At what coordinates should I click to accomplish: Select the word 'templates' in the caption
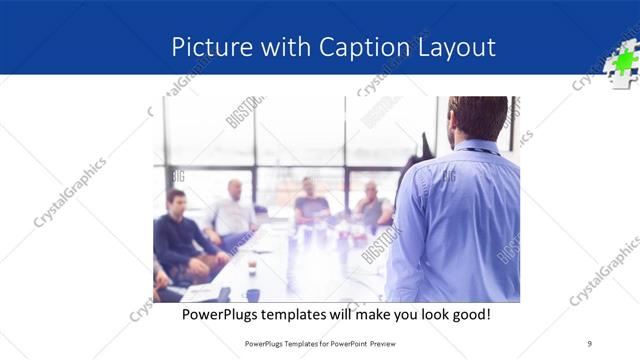click(303, 315)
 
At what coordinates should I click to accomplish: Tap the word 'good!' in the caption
click(468, 315)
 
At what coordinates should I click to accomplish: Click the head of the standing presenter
click(477, 120)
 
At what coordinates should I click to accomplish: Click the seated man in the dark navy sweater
click(178, 235)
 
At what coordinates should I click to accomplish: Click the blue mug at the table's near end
click(252, 295)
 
